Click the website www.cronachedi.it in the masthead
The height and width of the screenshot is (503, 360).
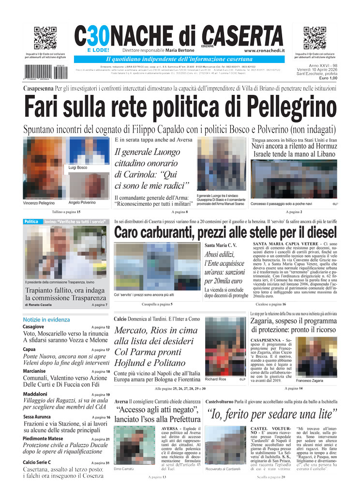(x=264, y=50)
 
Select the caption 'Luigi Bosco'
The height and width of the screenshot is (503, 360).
(x=78, y=168)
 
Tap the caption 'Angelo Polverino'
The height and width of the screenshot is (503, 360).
(x=82, y=202)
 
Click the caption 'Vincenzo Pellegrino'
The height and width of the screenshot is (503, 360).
(x=39, y=203)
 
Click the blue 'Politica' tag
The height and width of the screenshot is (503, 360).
(x=31, y=222)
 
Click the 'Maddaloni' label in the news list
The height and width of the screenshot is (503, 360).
(x=35, y=394)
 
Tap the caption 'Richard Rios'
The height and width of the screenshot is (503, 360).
(x=215, y=379)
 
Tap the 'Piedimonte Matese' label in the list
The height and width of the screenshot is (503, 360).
(x=46, y=439)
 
